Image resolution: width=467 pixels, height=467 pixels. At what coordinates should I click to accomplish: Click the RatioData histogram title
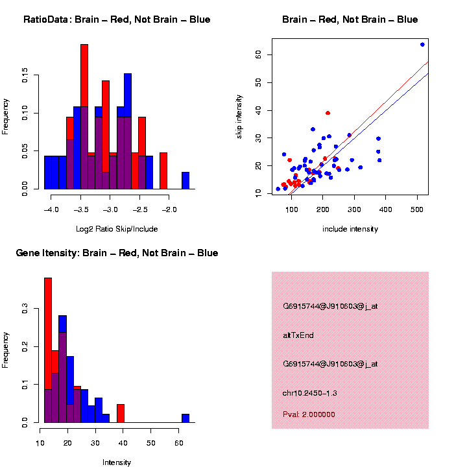pyautogui.click(x=117, y=19)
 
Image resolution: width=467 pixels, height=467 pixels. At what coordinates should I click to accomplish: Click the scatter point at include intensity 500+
pyautogui.click(x=422, y=44)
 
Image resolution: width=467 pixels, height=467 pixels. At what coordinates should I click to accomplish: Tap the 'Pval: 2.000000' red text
pyautogui.click(x=309, y=414)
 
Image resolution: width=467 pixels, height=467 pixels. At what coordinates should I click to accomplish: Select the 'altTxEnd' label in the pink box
pyautogui.click(x=298, y=335)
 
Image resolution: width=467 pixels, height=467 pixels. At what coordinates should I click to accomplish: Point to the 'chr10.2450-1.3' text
pyautogui.click(x=310, y=392)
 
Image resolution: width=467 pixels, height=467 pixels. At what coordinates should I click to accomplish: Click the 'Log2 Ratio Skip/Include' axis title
pyautogui.click(x=117, y=229)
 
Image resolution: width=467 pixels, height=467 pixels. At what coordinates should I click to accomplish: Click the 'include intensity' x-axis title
pyautogui.click(x=350, y=229)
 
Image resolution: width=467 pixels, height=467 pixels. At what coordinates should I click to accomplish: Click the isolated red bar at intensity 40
pyautogui.click(x=121, y=413)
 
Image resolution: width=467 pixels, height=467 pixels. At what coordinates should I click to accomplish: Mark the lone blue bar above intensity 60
pyautogui.click(x=186, y=418)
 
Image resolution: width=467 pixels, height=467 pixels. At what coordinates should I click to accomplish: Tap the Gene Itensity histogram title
pyautogui.click(x=117, y=253)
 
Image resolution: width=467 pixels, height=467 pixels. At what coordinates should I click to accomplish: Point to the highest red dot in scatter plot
pyautogui.click(x=328, y=113)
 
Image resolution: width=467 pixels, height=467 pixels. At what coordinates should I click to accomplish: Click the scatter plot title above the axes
pyautogui.click(x=350, y=19)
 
